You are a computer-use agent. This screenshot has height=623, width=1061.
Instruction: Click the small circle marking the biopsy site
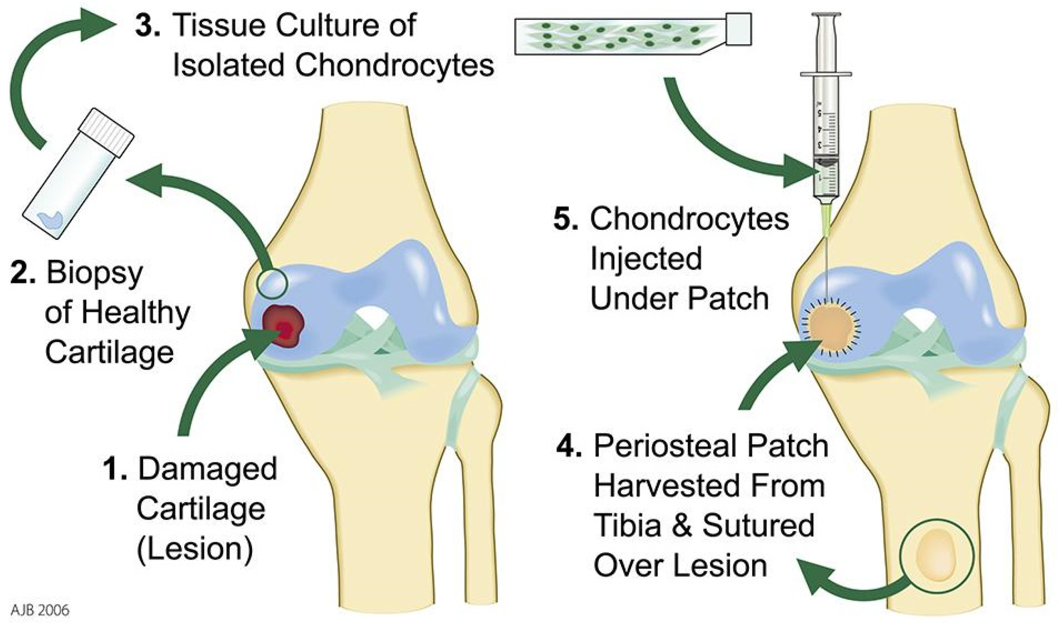point(272,282)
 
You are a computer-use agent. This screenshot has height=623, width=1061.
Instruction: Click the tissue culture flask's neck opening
point(739,28)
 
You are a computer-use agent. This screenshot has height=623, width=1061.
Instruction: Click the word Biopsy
point(95,274)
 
